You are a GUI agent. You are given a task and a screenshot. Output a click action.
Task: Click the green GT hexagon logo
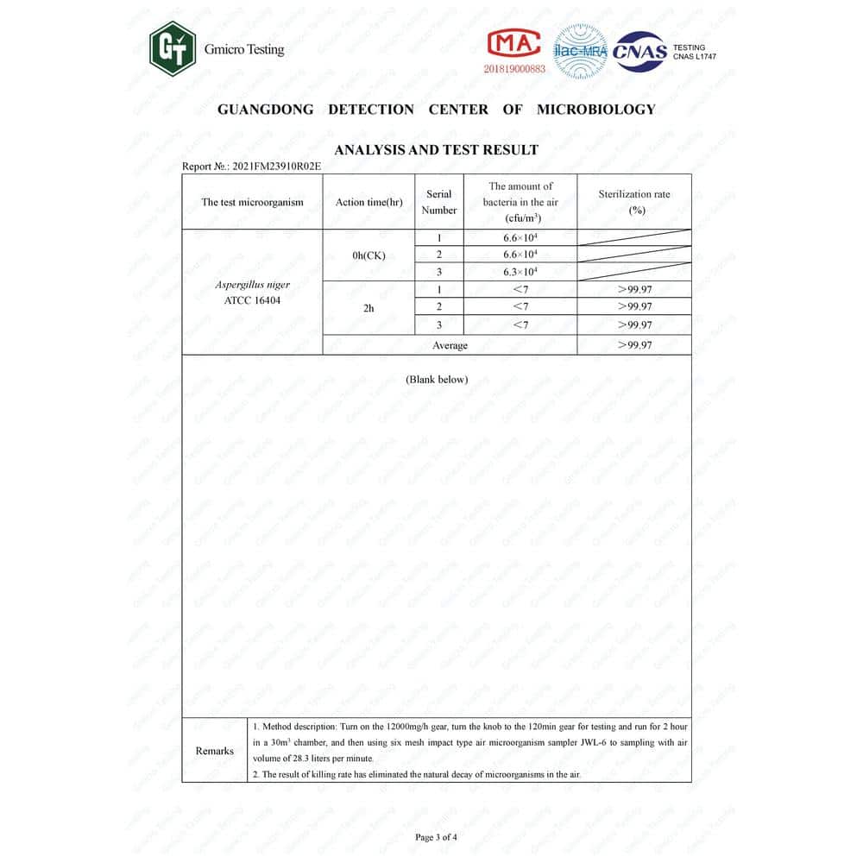(x=173, y=49)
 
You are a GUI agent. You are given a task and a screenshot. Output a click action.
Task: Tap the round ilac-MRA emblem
(x=580, y=50)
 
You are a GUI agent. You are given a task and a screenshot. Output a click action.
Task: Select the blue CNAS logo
(x=639, y=52)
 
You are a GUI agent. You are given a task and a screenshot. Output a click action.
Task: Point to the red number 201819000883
(x=514, y=68)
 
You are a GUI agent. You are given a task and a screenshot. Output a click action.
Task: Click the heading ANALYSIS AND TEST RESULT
(x=436, y=149)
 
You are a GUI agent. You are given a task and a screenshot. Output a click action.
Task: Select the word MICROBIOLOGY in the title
(x=595, y=110)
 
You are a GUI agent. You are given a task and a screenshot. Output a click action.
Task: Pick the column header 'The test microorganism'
(x=253, y=203)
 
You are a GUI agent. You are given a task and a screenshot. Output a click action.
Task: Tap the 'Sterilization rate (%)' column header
(x=634, y=202)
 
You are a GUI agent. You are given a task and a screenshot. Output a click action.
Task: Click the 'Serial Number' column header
(x=439, y=202)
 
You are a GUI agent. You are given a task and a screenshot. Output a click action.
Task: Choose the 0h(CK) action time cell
(x=369, y=255)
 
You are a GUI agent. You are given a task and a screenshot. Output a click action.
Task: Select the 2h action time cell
(x=369, y=307)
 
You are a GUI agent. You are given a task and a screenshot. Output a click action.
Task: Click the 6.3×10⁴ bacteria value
(x=520, y=272)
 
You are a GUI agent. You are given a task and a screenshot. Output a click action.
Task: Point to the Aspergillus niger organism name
(x=252, y=285)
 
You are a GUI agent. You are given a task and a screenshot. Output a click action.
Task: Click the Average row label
(x=450, y=345)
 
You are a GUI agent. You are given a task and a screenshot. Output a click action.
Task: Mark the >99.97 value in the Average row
(x=634, y=345)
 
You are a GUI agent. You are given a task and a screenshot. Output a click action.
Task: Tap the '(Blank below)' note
(x=437, y=380)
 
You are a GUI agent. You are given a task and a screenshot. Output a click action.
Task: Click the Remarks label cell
(x=215, y=751)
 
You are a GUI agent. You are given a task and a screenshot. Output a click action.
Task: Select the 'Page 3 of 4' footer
(x=436, y=837)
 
